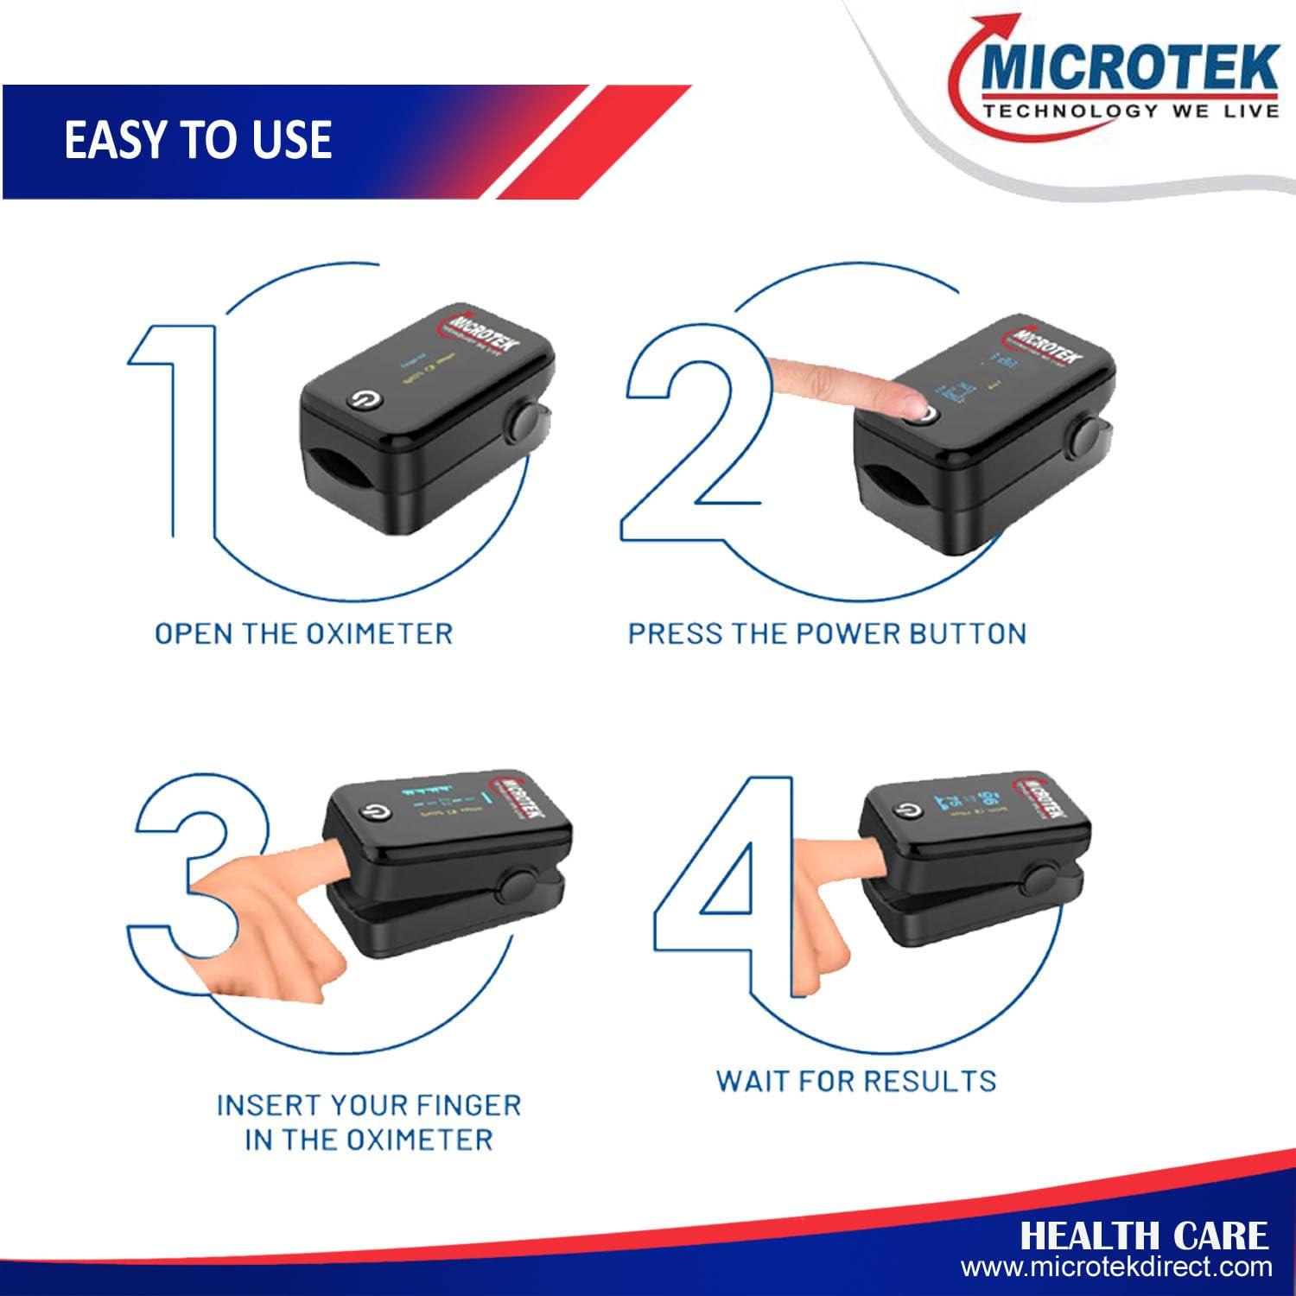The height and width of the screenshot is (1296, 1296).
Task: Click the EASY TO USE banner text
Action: (198, 140)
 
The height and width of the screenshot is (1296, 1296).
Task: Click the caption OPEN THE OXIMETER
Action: (303, 633)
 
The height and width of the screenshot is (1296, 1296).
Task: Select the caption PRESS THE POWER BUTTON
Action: (827, 633)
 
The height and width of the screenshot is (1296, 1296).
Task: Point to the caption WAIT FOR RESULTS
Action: (856, 1081)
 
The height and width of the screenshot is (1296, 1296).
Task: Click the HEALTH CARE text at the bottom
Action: (1144, 1236)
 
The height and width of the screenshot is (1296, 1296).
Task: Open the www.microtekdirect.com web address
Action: (1116, 1268)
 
